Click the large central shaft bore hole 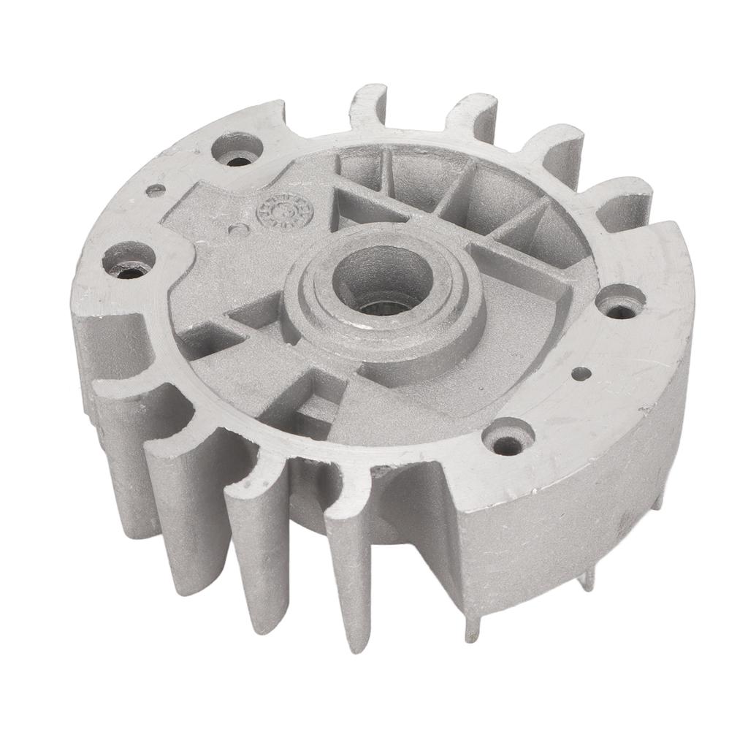378,280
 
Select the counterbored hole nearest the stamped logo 237,150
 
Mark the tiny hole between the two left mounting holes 156,191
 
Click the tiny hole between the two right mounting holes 581,373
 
